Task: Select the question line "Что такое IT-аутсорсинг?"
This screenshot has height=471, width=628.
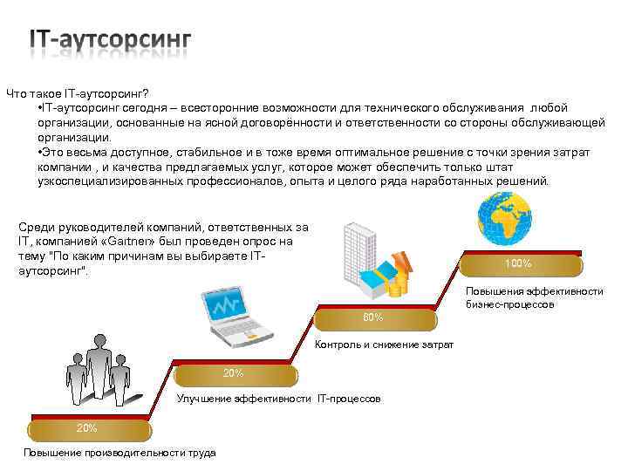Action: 78,93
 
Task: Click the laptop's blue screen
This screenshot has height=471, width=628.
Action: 230,306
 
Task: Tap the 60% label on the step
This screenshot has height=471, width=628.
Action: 372,317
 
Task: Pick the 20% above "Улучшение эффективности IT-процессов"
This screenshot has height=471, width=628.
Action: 233,373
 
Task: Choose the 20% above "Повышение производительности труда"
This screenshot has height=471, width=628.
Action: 86,428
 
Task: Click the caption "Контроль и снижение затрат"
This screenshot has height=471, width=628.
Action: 384,345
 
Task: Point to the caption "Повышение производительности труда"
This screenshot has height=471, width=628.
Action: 119,454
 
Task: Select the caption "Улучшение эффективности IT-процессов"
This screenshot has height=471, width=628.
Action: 278,399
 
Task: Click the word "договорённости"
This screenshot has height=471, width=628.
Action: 294,123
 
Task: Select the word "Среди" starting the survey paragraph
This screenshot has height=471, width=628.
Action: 36,228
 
